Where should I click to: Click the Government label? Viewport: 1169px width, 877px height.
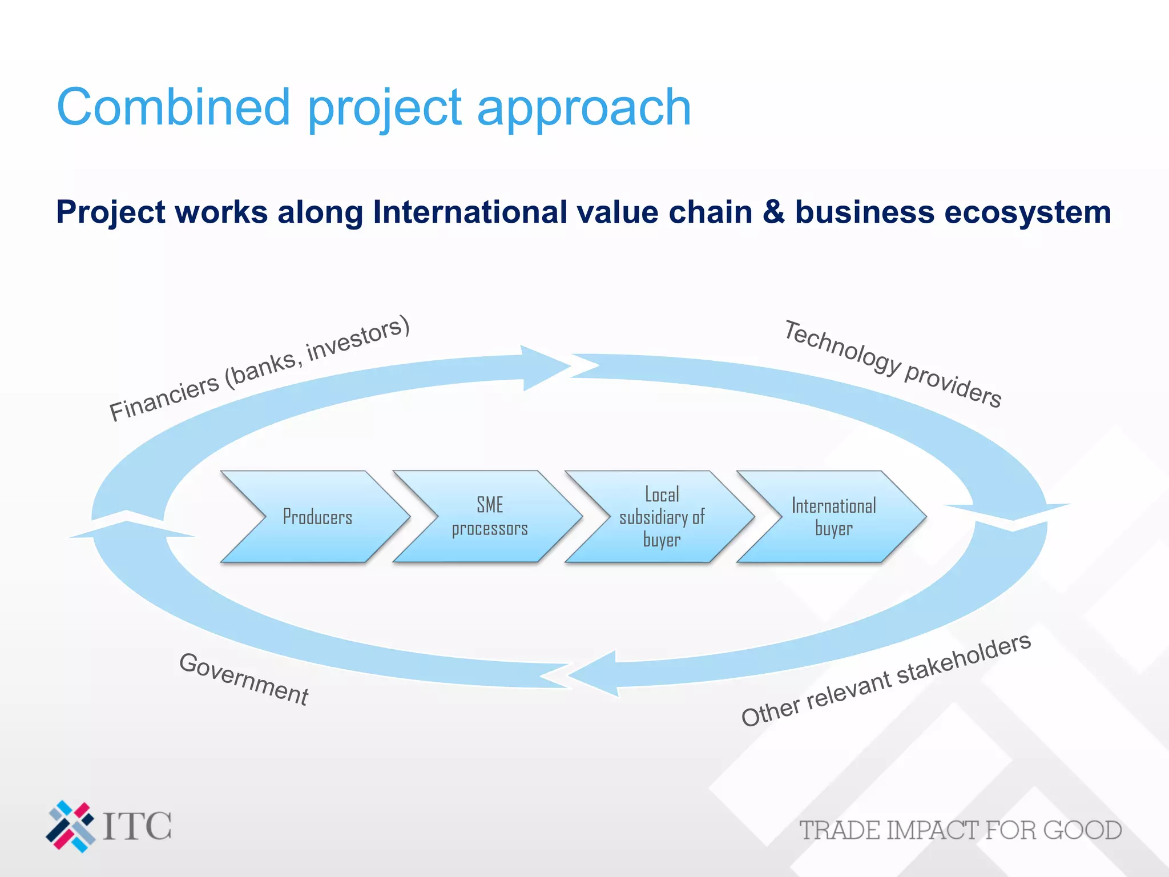click(244, 679)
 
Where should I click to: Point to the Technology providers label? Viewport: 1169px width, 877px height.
click(893, 364)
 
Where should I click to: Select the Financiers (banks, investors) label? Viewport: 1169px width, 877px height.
click(260, 369)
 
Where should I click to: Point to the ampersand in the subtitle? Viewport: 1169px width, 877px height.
click(773, 212)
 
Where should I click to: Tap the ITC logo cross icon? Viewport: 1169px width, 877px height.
click(70, 826)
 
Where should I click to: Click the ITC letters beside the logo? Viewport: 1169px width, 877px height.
click(137, 826)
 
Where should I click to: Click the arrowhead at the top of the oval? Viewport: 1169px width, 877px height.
click(545, 367)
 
